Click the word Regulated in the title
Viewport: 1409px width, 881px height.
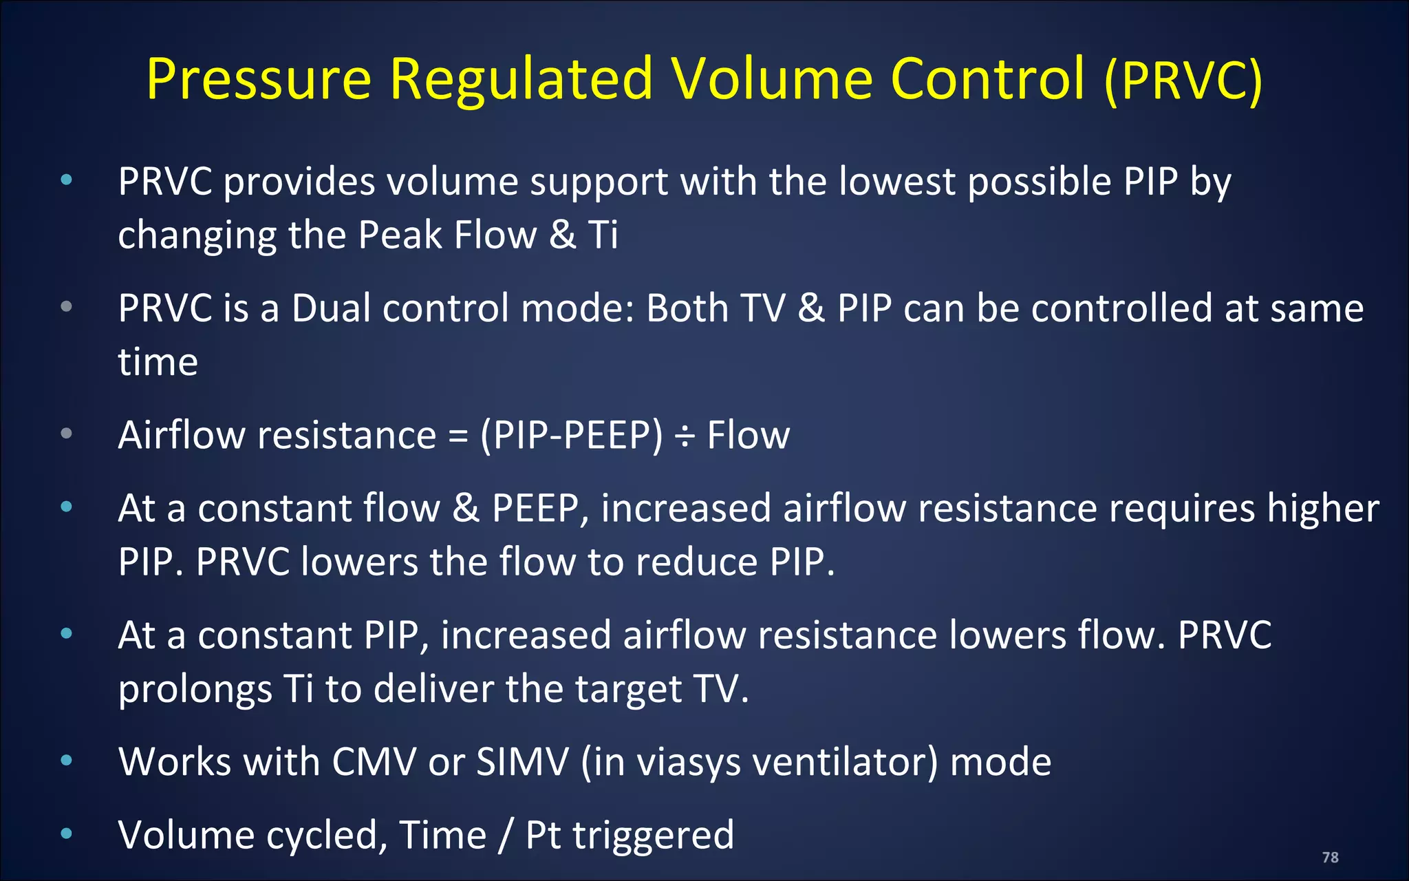[x=521, y=79]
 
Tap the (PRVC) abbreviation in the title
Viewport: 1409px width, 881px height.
[x=1183, y=81]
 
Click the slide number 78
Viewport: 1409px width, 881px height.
[x=1330, y=857]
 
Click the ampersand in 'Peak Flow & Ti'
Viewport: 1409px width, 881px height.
[x=562, y=235]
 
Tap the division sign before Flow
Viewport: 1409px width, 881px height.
[x=685, y=436]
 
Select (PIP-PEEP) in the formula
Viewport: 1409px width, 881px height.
[x=571, y=436]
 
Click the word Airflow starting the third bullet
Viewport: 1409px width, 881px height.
[x=181, y=435]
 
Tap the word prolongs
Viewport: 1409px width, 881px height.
[x=195, y=689]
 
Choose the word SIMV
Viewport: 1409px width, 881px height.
[x=522, y=762]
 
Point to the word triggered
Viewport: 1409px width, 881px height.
[x=653, y=835]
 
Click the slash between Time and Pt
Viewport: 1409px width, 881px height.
[x=506, y=836]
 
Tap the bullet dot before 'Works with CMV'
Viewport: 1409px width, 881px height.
[x=67, y=761]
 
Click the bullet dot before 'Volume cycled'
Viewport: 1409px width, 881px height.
[x=67, y=834]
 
